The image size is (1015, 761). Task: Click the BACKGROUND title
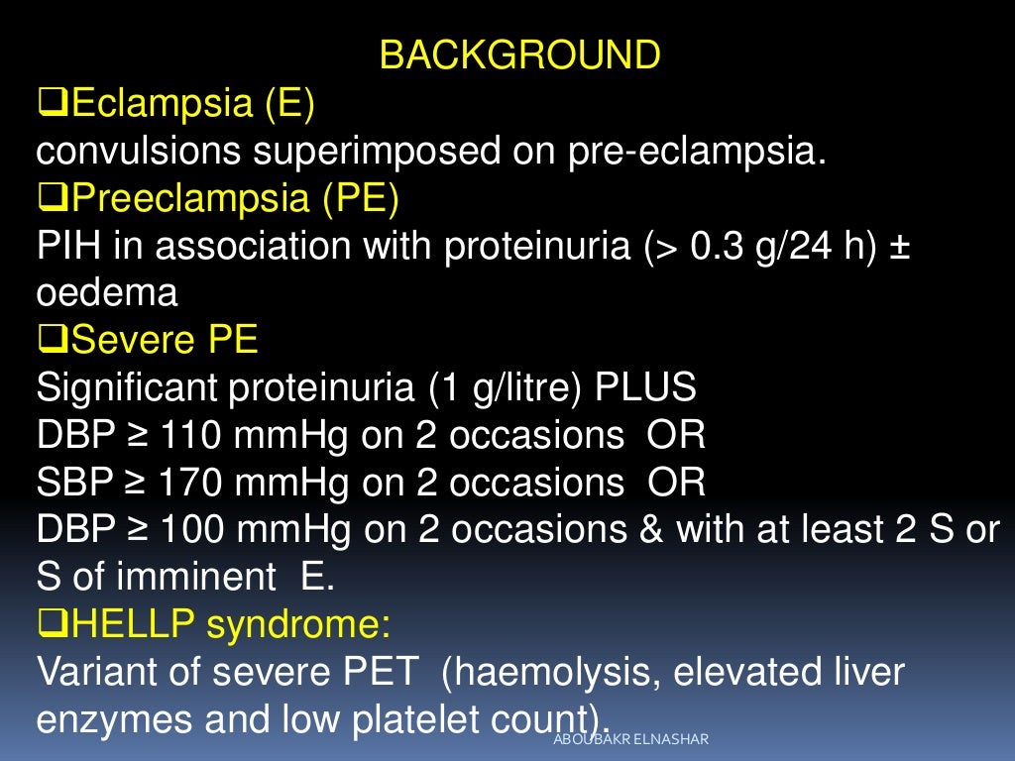point(520,55)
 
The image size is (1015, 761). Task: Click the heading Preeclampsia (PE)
point(235,199)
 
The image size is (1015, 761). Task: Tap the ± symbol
point(900,247)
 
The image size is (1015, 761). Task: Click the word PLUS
point(645,388)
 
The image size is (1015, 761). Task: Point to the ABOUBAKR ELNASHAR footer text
point(632,739)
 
